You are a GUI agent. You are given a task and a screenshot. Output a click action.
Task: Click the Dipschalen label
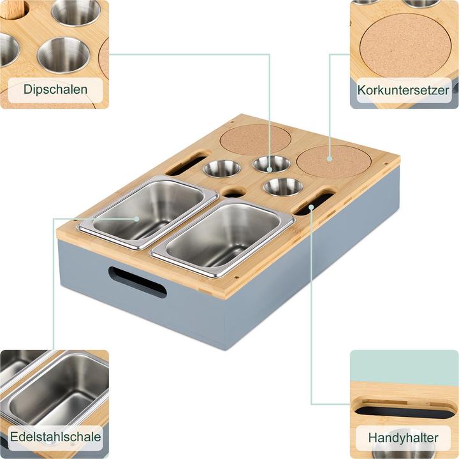coord(55,90)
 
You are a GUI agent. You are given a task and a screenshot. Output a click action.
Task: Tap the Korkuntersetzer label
coord(404,90)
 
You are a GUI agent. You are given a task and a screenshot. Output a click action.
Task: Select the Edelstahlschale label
coord(55,437)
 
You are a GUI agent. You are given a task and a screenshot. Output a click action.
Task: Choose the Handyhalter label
coord(404,438)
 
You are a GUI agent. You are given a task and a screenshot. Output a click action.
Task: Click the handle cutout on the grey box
coord(136,282)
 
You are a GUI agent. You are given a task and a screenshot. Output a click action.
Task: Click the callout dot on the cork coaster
coord(329,157)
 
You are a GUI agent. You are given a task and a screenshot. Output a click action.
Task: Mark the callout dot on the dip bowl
coord(270,170)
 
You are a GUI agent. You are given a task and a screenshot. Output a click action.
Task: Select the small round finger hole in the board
coord(233,191)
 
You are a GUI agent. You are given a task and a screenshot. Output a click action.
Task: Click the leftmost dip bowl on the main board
coord(222,169)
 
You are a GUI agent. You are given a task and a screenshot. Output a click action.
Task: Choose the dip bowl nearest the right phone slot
coord(283,186)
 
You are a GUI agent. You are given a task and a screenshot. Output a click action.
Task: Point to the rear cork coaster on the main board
coord(255,138)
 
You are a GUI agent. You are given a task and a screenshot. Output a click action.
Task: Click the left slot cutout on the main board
coord(186,164)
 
